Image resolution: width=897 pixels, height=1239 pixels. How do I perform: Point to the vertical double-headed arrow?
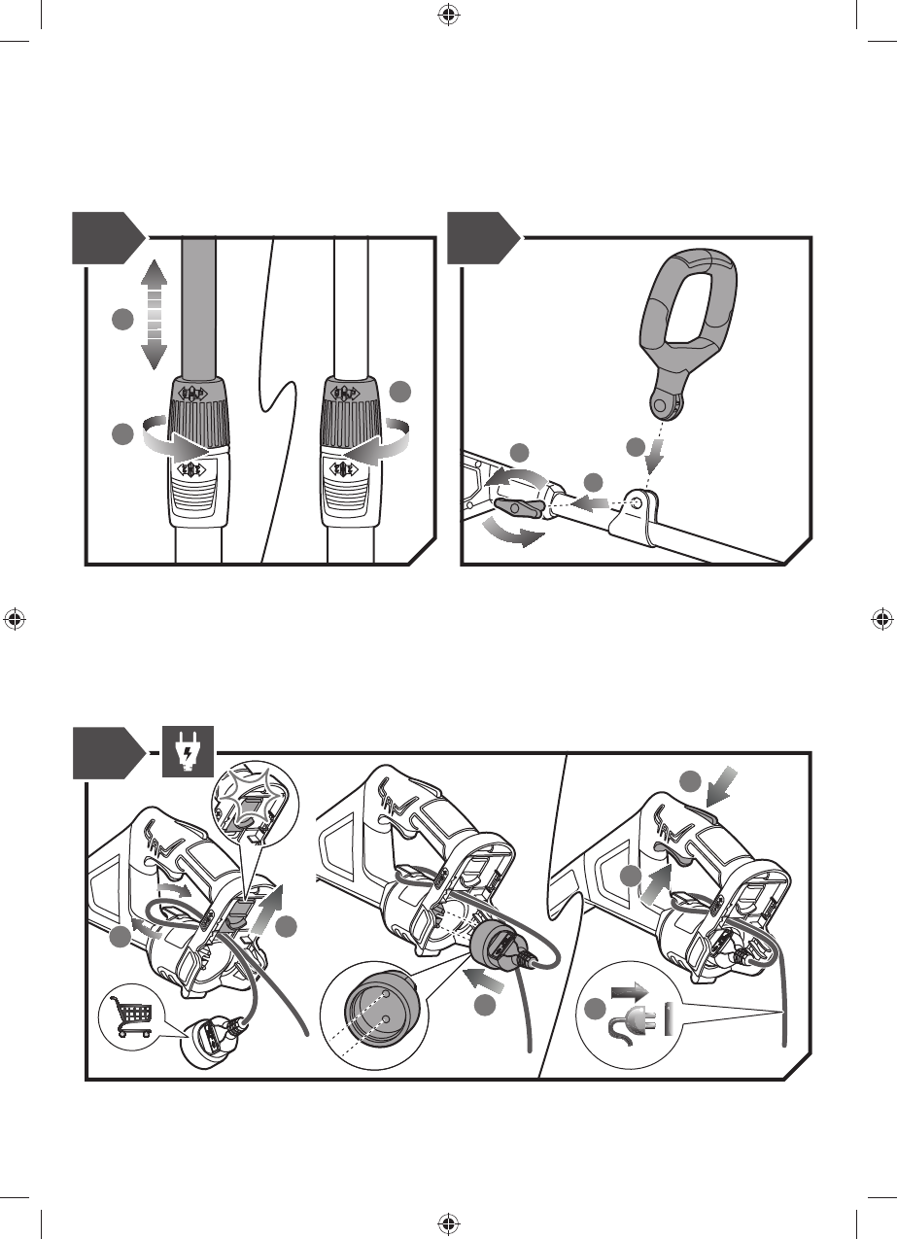coord(152,314)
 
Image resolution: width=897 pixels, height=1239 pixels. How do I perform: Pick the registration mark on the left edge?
coord(14,619)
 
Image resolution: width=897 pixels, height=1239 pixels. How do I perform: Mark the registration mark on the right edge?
coord(882,619)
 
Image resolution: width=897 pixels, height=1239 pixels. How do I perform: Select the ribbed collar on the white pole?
coord(348,420)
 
